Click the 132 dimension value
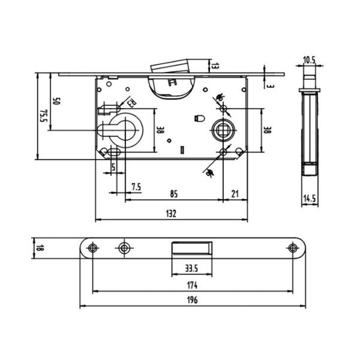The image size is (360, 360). pos(172,214)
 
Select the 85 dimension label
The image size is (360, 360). pos(173,194)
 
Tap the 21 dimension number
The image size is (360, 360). pos(235,194)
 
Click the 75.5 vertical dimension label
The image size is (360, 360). pos(43,116)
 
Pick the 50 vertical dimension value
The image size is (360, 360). pos(56,101)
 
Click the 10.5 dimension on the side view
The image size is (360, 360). pos(309,59)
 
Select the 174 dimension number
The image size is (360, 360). pos(192,286)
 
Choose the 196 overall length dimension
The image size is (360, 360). pos(192,299)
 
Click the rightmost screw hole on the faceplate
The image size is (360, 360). pos(292,248)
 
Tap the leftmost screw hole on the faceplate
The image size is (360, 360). pos(92,248)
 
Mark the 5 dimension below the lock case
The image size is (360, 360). pos(114,168)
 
